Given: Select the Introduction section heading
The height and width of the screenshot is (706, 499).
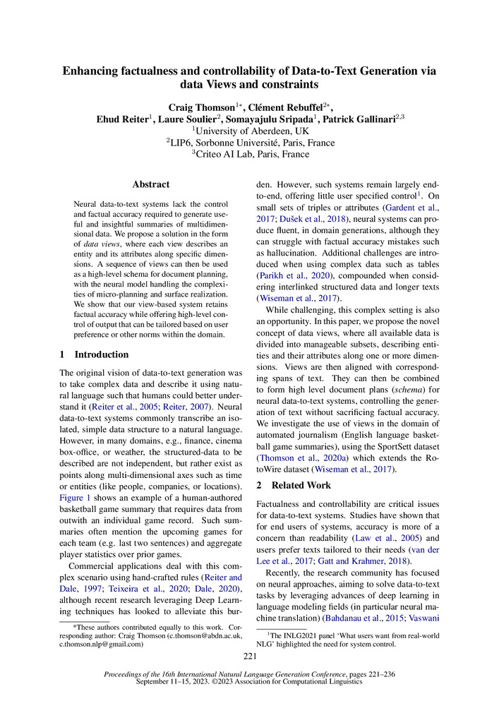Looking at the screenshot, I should (x=102, y=354).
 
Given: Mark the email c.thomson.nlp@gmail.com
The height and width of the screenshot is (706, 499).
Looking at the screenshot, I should (x=101, y=644).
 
